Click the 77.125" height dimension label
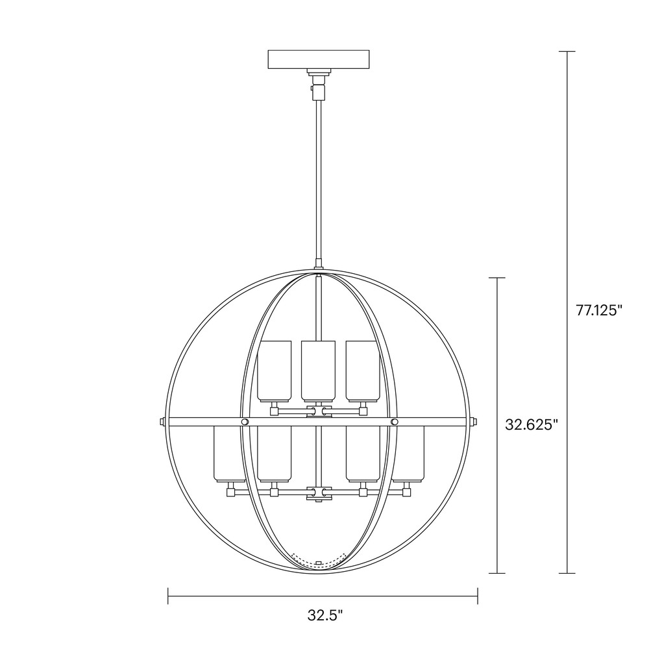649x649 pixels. [x=599, y=310]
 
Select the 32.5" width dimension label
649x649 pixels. [x=325, y=615]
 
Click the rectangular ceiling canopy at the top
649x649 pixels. [x=318, y=60]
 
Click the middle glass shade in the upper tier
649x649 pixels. [x=318, y=371]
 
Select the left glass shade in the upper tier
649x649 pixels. [x=274, y=371]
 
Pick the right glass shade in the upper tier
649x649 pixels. [x=363, y=371]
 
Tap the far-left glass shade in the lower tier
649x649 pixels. [x=230, y=454]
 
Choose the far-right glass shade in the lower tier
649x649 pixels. [x=408, y=454]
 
